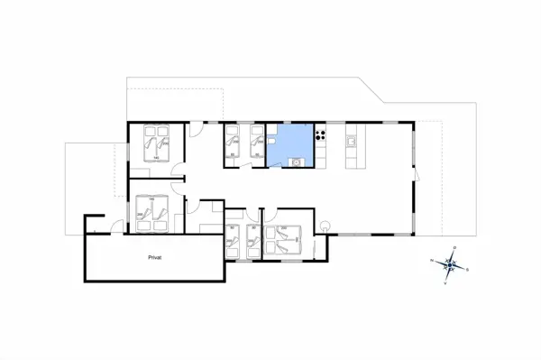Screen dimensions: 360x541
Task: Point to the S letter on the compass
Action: point(467,268)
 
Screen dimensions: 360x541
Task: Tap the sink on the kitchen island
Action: point(353,143)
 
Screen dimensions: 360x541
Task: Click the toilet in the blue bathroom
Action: point(270,143)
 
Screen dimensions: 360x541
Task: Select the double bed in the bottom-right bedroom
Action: point(287,237)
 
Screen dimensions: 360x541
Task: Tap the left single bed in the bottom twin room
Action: point(233,240)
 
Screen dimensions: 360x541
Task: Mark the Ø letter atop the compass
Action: point(454,246)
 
